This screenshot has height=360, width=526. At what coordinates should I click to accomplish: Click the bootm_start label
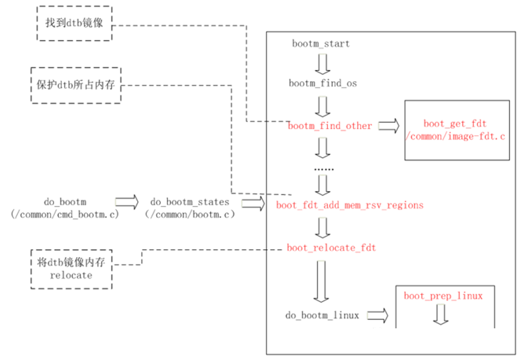click(x=321, y=44)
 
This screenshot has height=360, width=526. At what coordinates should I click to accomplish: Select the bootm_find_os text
click(x=322, y=83)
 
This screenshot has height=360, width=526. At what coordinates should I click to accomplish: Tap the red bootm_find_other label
click(x=330, y=126)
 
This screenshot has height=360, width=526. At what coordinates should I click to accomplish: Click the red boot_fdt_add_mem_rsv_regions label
click(x=349, y=205)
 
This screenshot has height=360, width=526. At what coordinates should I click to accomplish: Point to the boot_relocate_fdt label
click(x=332, y=248)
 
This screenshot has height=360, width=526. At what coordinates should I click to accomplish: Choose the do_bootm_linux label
click(x=322, y=315)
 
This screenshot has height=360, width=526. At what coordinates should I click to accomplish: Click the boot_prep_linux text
click(x=443, y=296)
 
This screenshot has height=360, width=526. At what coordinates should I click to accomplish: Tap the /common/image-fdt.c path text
click(x=457, y=136)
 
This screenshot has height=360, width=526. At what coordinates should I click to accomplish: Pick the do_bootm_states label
click(x=190, y=201)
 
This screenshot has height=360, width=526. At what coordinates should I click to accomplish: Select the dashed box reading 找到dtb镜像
click(x=74, y=24)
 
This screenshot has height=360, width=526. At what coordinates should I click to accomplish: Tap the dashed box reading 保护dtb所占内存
click(x=74, y=85)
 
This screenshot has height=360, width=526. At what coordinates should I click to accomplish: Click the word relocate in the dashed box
click(x=73, y=275)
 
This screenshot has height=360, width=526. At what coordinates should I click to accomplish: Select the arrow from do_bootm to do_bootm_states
click(x=126, y=202)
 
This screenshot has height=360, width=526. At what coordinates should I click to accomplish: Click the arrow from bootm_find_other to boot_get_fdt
click(x=389, y=126)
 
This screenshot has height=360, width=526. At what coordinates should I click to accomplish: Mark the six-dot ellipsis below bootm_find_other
click(x=323, y=168)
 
